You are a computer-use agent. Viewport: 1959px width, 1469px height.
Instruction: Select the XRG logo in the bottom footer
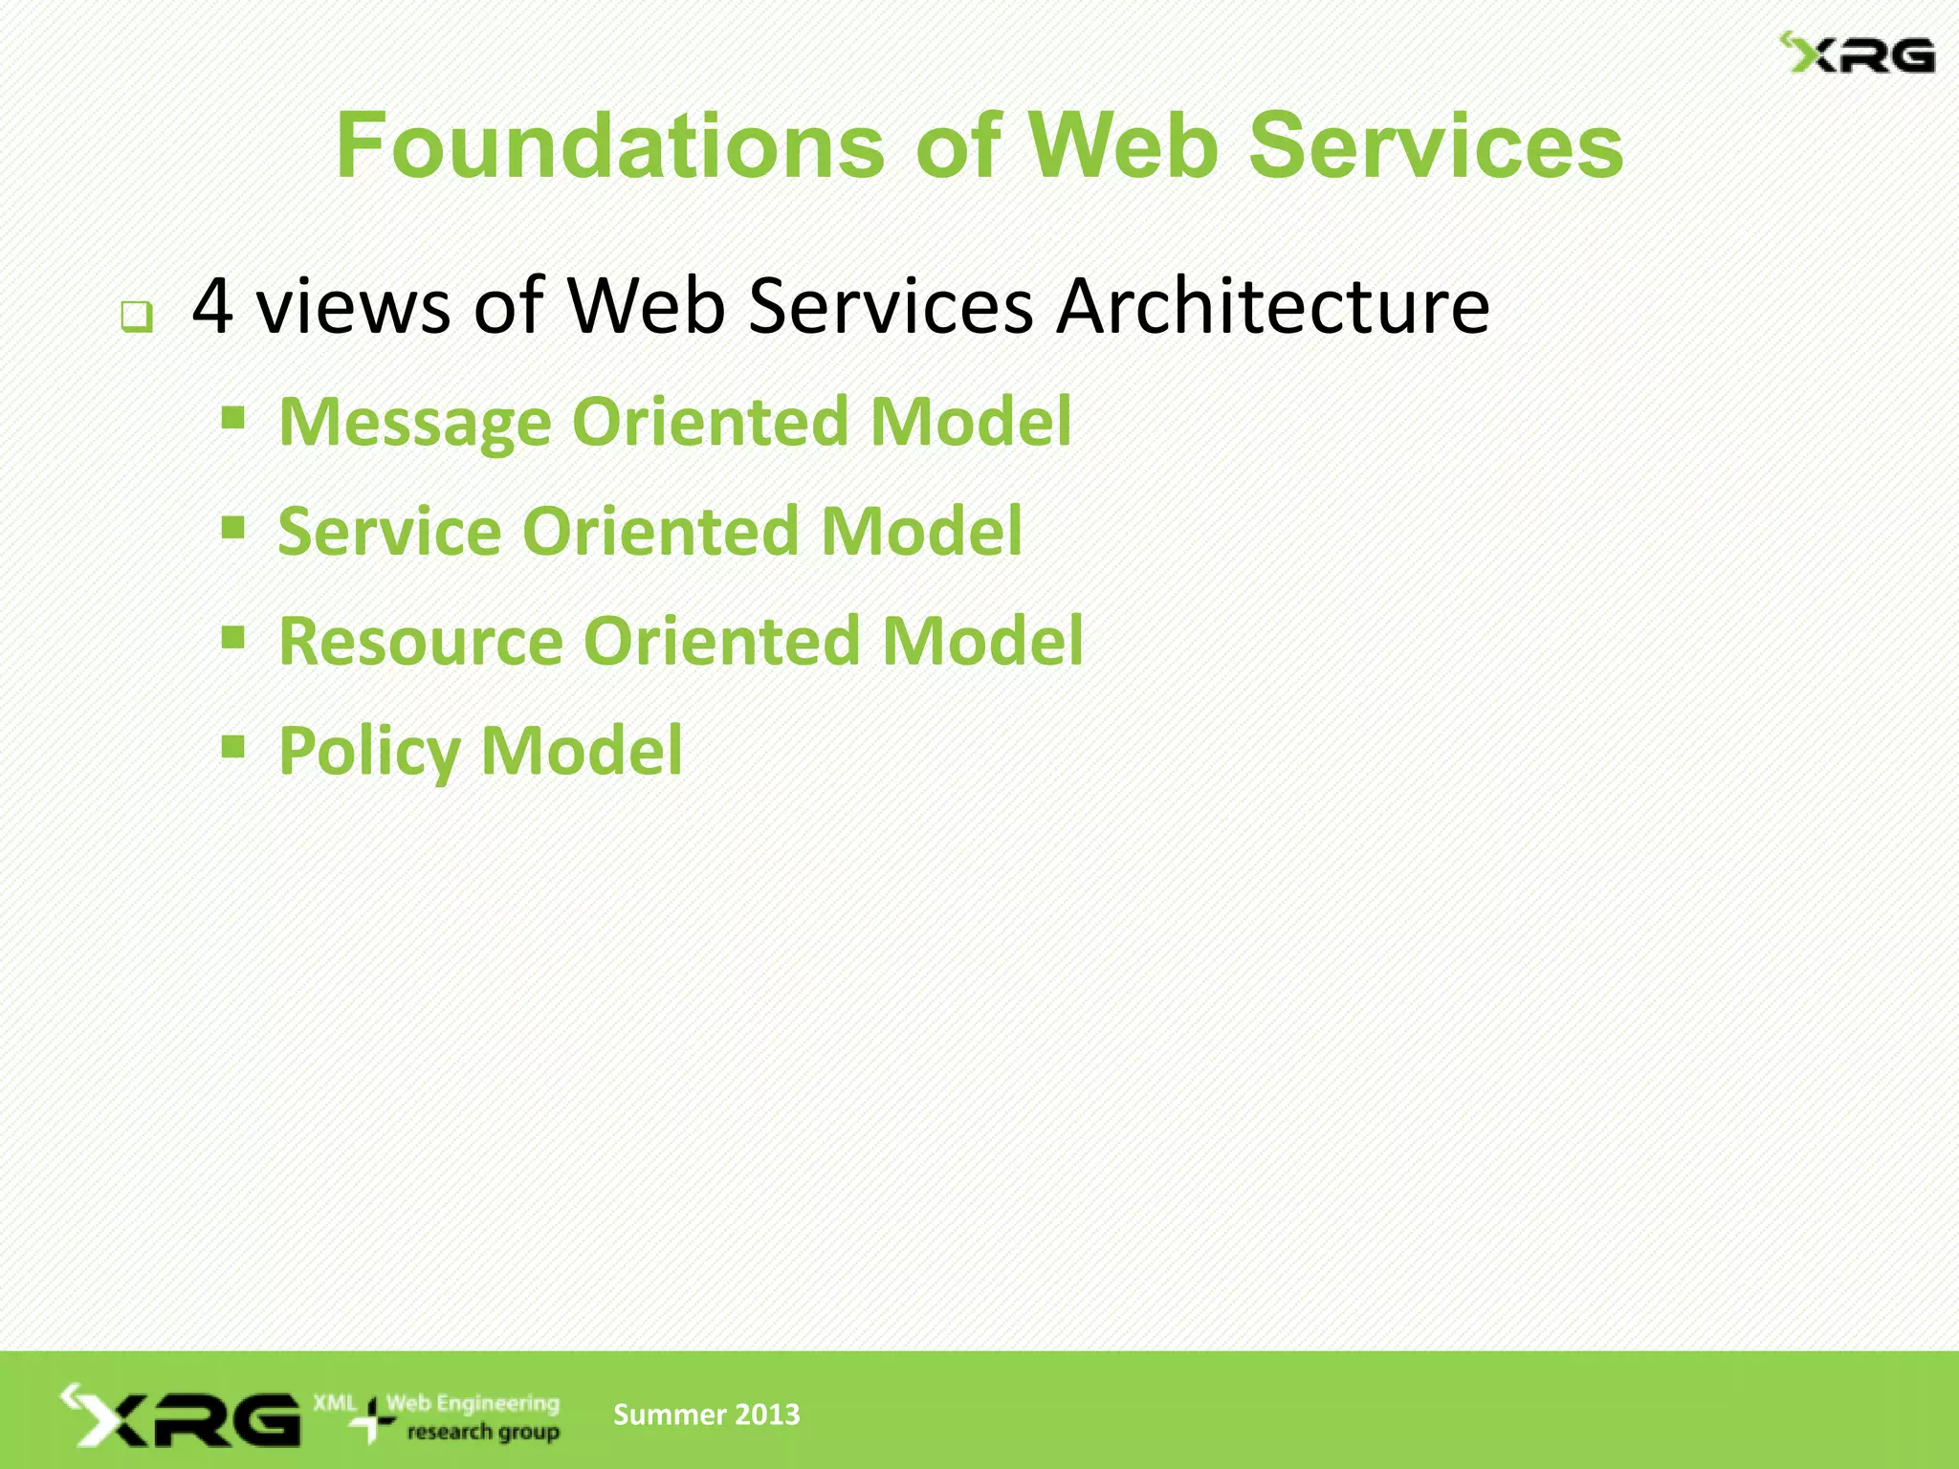click(x=182, y=1416)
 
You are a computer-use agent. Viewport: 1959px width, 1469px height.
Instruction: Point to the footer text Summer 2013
click(x=706, y=1414)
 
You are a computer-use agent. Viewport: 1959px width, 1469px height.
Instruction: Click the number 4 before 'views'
click(x=212, y=306)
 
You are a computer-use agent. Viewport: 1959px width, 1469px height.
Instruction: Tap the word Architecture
click(x=1273, y=306)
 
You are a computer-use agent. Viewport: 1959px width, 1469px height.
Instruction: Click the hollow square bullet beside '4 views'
click(x=137, y=316)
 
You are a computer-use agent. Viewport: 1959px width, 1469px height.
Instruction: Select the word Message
click(x=415, y=422)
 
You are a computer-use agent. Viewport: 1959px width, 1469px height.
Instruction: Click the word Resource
click(x=421, y=641)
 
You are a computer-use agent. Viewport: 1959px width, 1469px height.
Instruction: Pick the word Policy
click(x=369, y=752)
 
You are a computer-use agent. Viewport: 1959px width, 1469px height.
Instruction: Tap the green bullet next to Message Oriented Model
click(x=232, y=418)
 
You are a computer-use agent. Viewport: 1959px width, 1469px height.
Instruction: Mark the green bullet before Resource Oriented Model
click(x=232, y=637)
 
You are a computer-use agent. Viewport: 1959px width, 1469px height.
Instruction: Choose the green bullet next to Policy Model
click(x=232, y=746)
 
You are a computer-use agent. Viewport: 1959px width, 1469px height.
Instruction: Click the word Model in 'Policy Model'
click(x=582, y=751)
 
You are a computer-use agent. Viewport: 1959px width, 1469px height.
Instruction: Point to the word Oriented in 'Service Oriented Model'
click(x=661, y=532)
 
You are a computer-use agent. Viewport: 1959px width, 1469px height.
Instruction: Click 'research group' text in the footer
click(x=483, y=1432)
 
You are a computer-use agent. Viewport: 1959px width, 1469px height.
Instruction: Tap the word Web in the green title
click(x=1122, y=146)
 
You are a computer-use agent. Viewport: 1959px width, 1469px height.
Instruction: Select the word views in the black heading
click(x=353, y=306)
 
